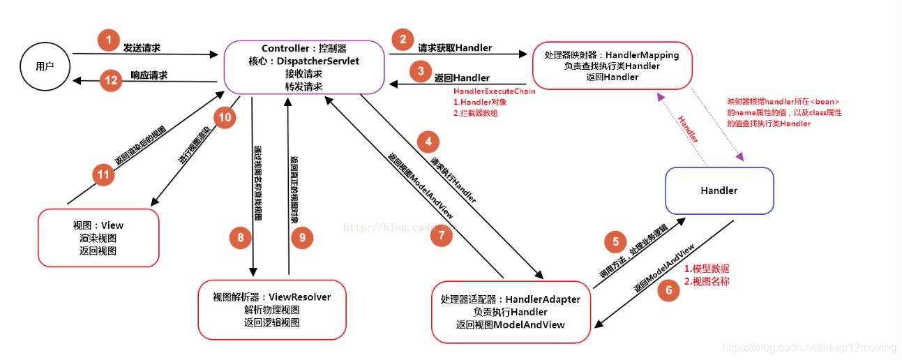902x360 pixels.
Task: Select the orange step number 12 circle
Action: (x=111, y=80)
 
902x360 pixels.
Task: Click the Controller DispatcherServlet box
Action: (x=303, y=67)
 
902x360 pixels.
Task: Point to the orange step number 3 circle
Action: (x=420, y=70)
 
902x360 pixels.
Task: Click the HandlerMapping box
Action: (x=612, y=66)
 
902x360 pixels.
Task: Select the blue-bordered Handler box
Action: (x=719, y=190)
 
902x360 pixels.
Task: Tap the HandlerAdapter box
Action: (x=511, y=312)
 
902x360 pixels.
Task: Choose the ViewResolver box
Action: (x=272, y=310)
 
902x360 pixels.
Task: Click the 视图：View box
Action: (x=98, y=238)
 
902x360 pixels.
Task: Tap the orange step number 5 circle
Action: (x=615, y=242)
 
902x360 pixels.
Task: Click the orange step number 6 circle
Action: (x=668, y=290)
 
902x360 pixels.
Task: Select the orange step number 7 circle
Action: (x=441, y=235)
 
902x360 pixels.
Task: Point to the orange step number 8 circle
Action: (x=240, y=238)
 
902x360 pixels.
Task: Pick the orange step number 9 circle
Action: (x=302, y=238)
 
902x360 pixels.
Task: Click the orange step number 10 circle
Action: (x=225, y=117)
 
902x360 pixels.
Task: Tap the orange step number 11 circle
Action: (x=104, y=174)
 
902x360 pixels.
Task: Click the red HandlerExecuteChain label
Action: (x=495, y=91)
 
